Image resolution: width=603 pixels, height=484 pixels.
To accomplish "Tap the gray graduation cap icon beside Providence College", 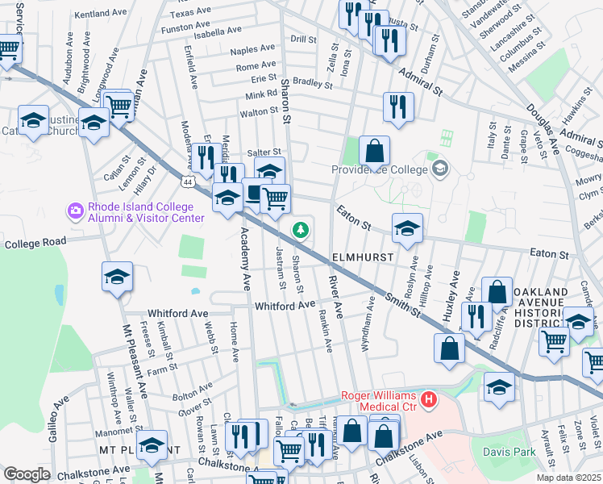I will click(x=439, y=169).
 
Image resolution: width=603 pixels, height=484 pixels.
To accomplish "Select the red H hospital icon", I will click(x=429, y=398).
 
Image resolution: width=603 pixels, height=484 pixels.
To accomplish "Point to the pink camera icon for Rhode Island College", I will click(x=76, y=211).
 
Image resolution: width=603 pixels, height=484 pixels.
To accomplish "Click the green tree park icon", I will click(x=301, y=230).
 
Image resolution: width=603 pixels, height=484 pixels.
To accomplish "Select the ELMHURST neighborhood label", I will click(x=362, y=257).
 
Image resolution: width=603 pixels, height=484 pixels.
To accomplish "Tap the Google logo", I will click(x=27, y=474).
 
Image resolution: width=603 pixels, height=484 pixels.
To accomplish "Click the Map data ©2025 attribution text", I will click(x=568, y=478).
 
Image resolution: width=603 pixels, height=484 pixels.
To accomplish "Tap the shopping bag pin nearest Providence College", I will click(x=374, y=150).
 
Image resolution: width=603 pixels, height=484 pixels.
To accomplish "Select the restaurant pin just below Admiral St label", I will click(x=398, y=106).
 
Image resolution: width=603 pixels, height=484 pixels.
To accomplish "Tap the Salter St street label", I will click(x=264, y=152).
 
